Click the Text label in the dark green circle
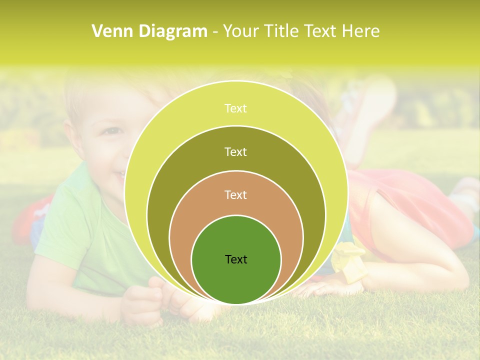coord(236,259)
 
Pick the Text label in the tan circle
coord(236,195)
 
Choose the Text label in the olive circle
coord(236,151)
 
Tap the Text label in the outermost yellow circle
coord(236,108)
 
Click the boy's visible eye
coord(113,131)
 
